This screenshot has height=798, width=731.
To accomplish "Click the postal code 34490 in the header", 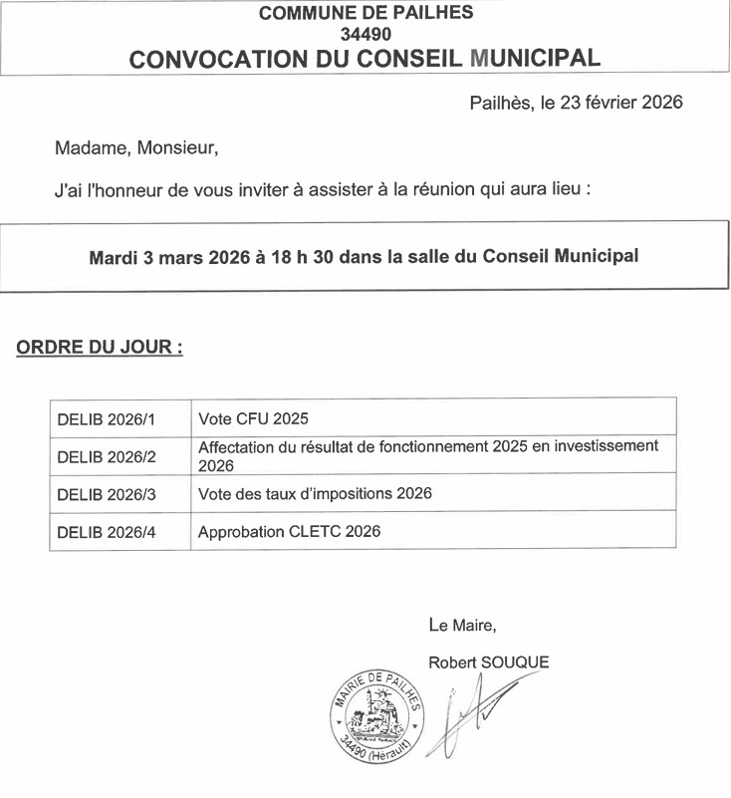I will [x=365, y=34].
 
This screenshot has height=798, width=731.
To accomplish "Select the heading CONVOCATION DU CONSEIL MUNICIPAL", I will [x=365, y=58].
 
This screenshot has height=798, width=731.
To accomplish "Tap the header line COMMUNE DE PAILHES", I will [x=365, y=13].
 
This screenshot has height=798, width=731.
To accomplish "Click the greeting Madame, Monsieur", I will [x=135, y=148].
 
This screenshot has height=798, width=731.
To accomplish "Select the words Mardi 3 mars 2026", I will [x=168, y=257].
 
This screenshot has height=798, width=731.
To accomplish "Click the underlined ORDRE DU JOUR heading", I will [x=100, y=349].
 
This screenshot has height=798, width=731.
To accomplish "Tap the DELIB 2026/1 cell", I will [x=108, y=417].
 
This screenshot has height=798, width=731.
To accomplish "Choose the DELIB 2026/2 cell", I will [x=108, y=456].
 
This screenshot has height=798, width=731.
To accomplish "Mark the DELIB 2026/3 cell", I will [x=108, y=494].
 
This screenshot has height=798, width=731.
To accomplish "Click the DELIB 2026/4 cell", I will [x=108, y=532].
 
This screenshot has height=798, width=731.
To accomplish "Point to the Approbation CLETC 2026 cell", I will [x=289, y=532].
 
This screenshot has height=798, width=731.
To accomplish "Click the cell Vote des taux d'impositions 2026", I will [x=315, y=494].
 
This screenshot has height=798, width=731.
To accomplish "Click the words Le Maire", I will [x=462, y=626].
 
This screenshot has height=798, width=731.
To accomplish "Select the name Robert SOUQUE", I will [x=488, y=662].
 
